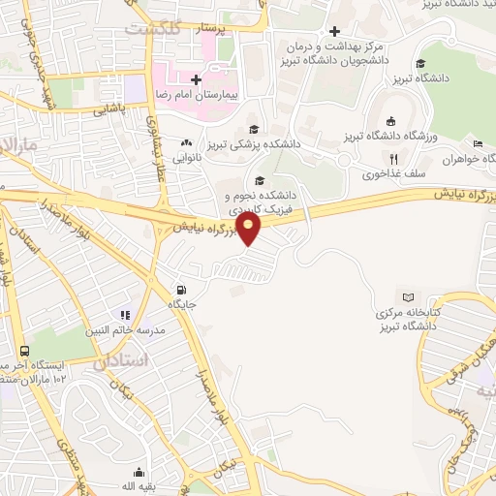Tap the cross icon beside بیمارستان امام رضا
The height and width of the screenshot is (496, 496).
[x=196, y=79]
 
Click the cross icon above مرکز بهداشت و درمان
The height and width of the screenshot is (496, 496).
[x=335, y=31]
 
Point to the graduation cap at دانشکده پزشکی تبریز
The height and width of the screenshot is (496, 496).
[x=254, y=129]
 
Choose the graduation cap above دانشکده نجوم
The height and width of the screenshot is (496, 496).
[x=259, y=179]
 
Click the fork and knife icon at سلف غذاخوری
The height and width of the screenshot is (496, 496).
[x=393, y=160]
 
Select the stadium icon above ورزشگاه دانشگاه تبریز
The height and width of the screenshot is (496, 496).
[x=389, y=122]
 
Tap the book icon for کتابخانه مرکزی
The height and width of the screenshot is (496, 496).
[x=408, y=298]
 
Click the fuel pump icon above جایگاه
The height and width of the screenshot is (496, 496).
[x=180, y=289]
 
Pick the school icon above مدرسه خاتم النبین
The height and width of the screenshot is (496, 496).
[x=124, y=314]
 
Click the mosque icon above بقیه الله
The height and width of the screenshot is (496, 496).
[x=139, y=473]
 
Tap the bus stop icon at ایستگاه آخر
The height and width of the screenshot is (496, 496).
[x=25, y=351]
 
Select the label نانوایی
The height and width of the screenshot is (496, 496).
[x=187, y=155]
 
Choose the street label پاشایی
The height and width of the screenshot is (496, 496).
[x=110, y=111]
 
